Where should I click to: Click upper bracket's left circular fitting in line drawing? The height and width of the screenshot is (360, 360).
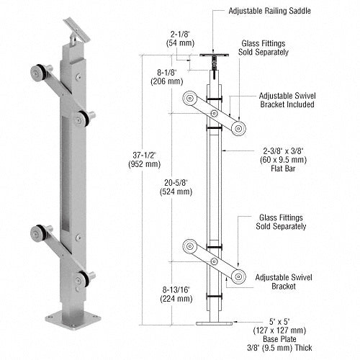(189, 98)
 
